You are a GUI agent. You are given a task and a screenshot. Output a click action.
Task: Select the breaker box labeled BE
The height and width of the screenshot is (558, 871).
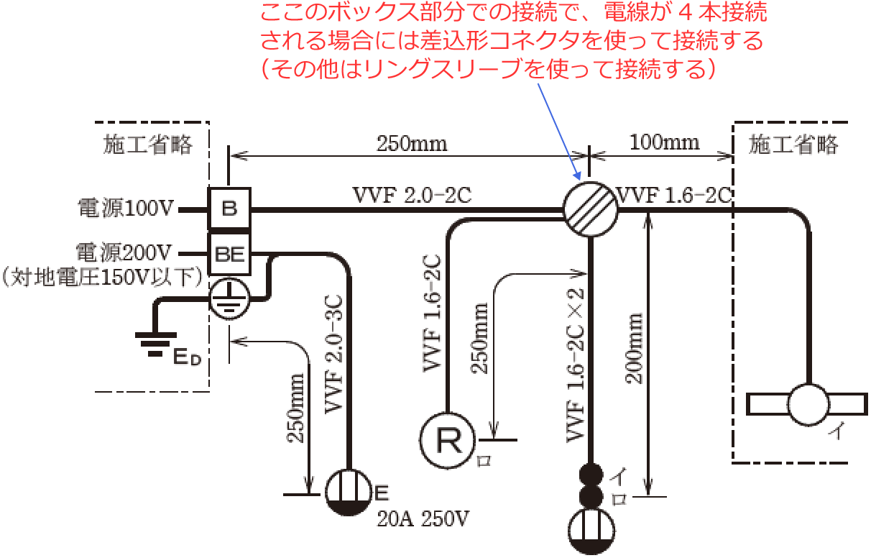tap(229, 254)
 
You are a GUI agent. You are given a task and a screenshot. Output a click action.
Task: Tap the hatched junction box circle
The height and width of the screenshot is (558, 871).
tap(590, 209)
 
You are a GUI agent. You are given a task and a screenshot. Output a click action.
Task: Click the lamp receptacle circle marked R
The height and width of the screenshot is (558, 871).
tap(448, 439)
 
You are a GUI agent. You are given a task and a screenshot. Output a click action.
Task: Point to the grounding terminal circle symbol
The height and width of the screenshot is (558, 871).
tap(229, 300)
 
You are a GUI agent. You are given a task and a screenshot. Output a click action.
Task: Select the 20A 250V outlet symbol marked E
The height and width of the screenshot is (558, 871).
tap(349, 492)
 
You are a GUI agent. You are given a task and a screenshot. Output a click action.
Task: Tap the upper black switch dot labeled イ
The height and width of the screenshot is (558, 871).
tap(591, 475)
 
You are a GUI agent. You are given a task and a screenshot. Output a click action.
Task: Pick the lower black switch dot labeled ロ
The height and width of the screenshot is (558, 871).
tap(591, 497)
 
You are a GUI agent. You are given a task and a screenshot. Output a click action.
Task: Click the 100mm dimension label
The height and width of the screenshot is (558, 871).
tap(665, 142)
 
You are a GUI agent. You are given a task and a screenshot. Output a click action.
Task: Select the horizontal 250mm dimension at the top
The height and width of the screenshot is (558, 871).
tap(412, 143)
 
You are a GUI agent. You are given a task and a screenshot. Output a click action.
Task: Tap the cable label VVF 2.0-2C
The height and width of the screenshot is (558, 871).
tap(412, 195)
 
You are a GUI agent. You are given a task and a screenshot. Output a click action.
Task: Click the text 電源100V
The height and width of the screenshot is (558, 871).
tap(126, 209)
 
